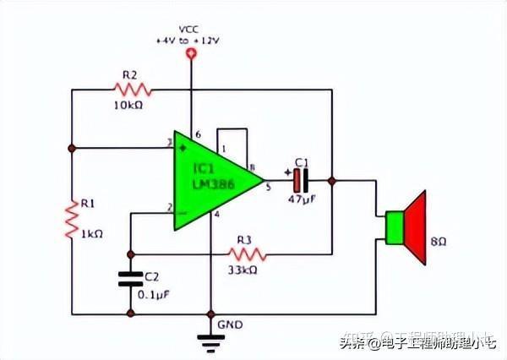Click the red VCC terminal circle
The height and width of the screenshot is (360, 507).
(x=192, y=55)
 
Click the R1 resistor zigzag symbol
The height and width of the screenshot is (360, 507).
(x=73, y=219)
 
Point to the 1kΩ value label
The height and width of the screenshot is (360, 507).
(x=91, y=232)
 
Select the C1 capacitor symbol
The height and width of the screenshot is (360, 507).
(x=302, y=179)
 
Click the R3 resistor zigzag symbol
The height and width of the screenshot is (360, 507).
(x=249, y=253)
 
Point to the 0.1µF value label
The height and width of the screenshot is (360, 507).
(x=154, y=295)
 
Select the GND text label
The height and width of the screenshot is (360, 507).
(x=230, y=325)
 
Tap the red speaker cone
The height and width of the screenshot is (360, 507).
(x=415, y=226)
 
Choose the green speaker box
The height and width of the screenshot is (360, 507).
(x=393, y=226)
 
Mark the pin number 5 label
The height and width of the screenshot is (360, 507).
(x=268, y=188)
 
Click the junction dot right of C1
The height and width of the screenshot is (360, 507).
(x=332, y=179)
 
